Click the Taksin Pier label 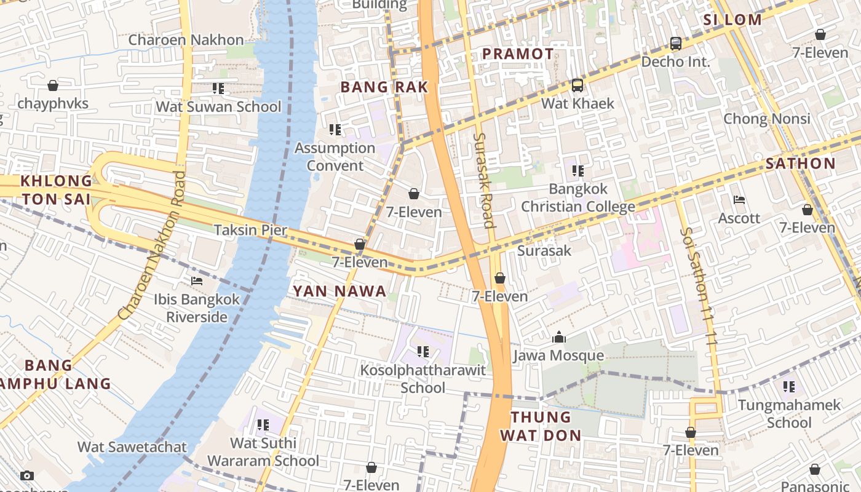click(x=250, y=230)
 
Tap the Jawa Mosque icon click(x=559, y=337)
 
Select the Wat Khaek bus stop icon click(x=577, y=85)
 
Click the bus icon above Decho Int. click(x=675, y=44)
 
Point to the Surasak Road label click(x=485, y=180)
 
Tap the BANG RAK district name click(x=384, y=87)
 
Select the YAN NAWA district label click(x=339, y=291)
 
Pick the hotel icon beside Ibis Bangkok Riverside click(x=197, y=281)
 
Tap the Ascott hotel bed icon click(x=739, y=200)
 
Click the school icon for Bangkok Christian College click(x=577, y=170)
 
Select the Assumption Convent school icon click(x=335, y=130)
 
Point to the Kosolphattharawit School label click(x=423, y=379)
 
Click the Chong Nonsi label click(x=766, y=119)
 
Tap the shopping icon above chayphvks click(x=53, y=85)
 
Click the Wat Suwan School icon click(x=218, y=89)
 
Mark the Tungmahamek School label click(x=789, y=414)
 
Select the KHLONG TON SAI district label click(x=56, y=190)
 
